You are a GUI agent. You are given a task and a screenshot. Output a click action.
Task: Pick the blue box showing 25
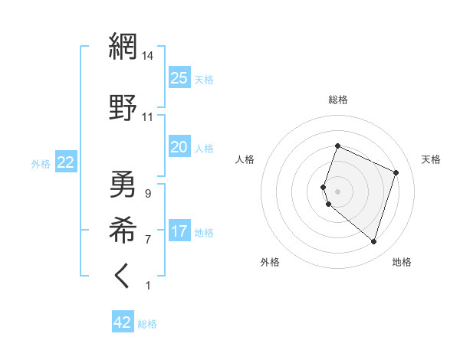pyautogui.click(x=179, y=77)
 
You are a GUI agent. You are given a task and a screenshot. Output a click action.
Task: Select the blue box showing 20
pyautogui.click(x=179, y=147)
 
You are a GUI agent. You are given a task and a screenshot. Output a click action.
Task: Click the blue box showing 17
pyautogui.click(x=179, y=231)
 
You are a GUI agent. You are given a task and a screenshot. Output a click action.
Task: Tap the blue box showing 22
pyautogui.click(x=66, y=162)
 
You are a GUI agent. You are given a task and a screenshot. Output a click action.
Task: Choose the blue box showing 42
pyautogui.click(x=123, y=322)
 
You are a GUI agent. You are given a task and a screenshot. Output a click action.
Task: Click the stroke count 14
pyautogui.click(x=148, y=55)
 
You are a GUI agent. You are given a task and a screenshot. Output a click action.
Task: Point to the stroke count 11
pyautogui.click(x=148, y=117)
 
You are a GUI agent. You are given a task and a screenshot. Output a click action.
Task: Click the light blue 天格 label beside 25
pyautogui.click(x=204, y=79)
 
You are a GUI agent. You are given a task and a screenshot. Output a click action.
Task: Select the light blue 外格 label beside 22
pyautogui.click(x=41, y=163)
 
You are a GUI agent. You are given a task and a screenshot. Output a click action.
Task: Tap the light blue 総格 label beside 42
pyautogui.click(x=147, y=324)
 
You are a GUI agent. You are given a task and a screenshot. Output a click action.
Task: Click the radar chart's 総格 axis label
pyautogui.click(x=337, y=100)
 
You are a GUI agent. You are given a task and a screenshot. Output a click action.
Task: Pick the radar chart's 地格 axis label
pyautogui.click(x=402, y=262)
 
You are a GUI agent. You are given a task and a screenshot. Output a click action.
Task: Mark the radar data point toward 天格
pyautogui.click(x=396, y=172)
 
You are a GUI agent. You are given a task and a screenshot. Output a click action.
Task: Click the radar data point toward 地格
pyautogui.click(x=373, y=242)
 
